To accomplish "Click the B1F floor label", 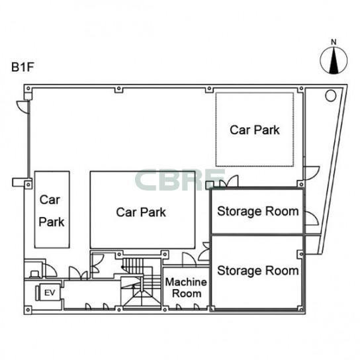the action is tap(22, 67).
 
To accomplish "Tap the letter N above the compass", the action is tap(334, 42).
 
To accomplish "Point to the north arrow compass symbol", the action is tap(334, 60).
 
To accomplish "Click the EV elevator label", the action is tap(50, 292).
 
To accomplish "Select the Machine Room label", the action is tap(186, 288).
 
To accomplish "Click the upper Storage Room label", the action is tap(258, 211).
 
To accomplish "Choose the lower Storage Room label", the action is tap(258, 271).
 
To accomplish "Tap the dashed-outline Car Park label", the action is tap(255, 130).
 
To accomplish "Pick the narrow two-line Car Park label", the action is tap(52, 210).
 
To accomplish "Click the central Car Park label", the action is tap(141, 212).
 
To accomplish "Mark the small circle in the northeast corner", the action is tap(331, 95).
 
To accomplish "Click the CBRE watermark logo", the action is tap(179, 180).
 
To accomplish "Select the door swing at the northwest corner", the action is tap(23, 107).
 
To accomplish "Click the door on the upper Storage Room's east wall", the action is tap(312, 218).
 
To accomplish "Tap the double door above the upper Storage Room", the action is tap(229, 181).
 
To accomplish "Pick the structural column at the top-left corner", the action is tap(28, 89).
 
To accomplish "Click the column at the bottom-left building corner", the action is tap(28, 310).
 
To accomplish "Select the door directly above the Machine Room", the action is tap(189, 259).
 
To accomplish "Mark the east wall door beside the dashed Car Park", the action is tap(312, 173).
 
